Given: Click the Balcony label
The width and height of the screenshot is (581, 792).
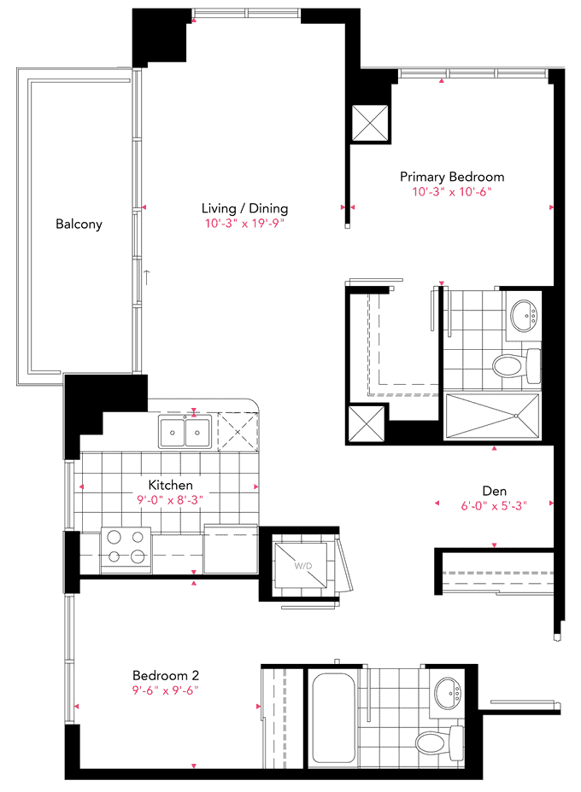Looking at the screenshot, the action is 79,224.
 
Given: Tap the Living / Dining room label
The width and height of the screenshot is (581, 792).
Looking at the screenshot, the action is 244,208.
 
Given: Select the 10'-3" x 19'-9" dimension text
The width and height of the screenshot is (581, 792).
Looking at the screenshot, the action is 244,224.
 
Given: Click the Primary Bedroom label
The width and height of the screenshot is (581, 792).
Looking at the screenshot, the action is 452,178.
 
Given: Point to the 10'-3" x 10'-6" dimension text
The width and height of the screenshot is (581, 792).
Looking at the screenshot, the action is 452,192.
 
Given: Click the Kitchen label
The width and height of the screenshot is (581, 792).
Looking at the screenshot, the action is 170,485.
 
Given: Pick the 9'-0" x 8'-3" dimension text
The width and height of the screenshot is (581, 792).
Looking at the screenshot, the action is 170,500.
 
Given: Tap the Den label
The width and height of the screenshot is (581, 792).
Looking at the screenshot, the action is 495,491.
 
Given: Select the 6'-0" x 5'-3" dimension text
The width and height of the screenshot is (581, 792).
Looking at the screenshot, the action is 494,505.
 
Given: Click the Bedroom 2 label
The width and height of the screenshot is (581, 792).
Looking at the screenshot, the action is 166,675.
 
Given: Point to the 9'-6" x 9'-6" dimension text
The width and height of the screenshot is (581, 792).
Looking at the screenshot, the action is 166,690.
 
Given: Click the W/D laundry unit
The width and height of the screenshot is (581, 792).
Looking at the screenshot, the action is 301,565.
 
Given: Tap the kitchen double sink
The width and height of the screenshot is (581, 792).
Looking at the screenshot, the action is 185,432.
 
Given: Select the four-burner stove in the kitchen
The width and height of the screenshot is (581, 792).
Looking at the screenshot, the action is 126,550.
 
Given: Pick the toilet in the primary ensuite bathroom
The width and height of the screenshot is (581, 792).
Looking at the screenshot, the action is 516,365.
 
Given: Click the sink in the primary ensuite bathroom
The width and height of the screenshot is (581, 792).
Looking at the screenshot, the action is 524,316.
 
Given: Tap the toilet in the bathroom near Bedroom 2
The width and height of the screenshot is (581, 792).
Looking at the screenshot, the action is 439,742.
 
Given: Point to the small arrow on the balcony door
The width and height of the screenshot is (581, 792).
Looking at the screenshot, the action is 147,277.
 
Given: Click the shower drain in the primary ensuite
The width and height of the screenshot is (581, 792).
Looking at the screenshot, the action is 516,416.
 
